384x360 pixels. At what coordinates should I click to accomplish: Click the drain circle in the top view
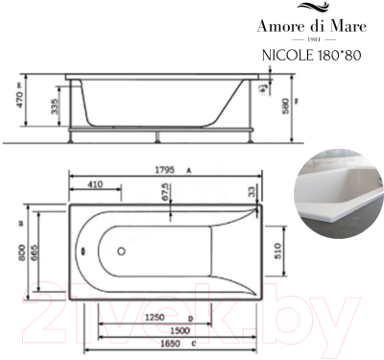tap(121, 253)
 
